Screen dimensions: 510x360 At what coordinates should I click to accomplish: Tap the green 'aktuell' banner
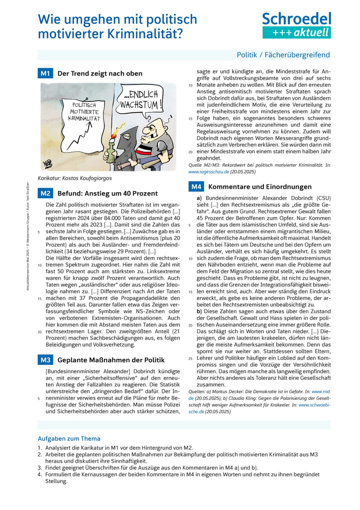click(x=296, y=33)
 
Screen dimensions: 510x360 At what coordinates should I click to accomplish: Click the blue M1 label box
click(x=45, y=74)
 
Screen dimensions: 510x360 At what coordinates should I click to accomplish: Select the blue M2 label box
click(x=45, y=193)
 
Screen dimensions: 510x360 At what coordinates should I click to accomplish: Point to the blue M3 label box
click(x=45, y=359)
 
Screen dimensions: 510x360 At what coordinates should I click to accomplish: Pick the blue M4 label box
click(x=196, y=187)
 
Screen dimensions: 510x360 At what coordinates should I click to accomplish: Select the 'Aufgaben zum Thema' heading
click(x=69, y=438)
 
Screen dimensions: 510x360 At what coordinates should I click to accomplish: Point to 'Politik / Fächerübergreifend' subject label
click(x=283, y=55)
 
